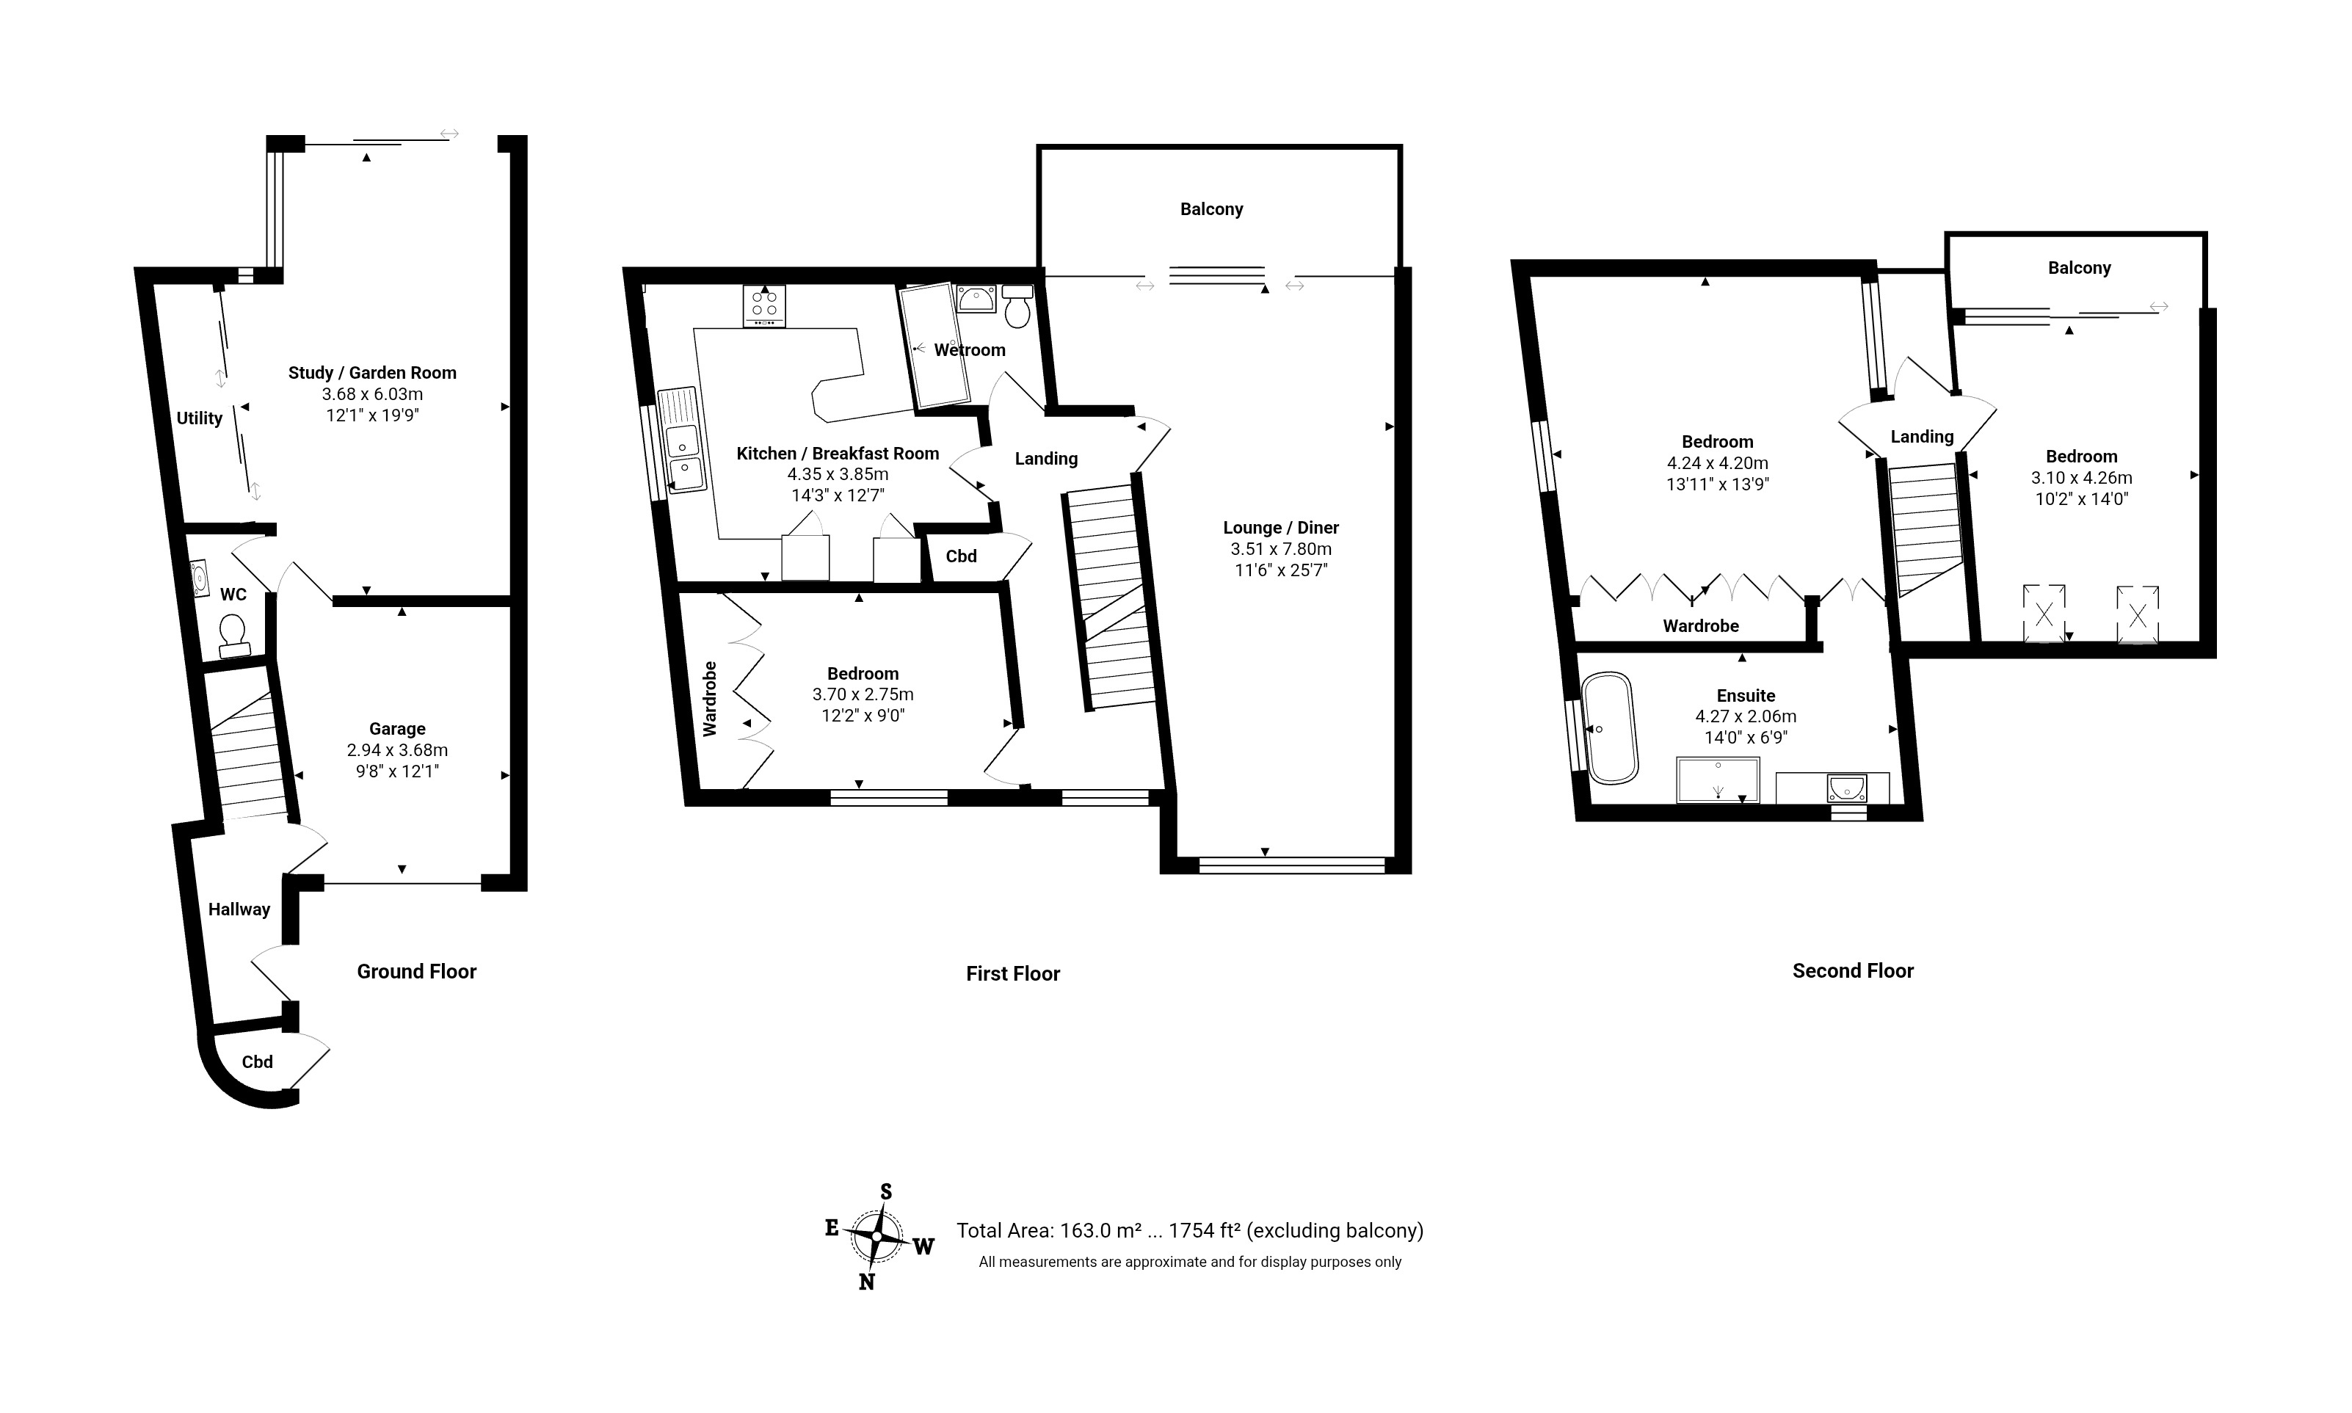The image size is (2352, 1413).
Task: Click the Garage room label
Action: [x=397, y=728]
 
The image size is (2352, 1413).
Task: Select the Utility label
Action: [x=199, y=418]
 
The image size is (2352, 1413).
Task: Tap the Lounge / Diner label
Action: [x=1281, y=528]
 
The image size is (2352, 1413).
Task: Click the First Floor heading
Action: [x=1012, y=973]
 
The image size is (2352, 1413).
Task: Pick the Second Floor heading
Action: [x=1853, y=970]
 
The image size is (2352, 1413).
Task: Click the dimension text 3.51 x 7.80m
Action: [x=1281, y=548]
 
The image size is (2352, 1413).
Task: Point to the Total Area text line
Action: [x=1189, y=1230]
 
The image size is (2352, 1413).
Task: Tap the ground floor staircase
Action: [x=247, y=743]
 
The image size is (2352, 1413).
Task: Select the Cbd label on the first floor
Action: [x=961, y=556]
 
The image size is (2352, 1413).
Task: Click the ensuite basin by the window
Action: [x=1846, y=788]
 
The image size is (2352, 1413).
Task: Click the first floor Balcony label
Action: [x=1211, y=208]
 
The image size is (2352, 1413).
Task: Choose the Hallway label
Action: [x=239, y=909]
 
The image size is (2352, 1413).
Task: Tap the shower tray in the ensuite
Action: [x=1718, y=780]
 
